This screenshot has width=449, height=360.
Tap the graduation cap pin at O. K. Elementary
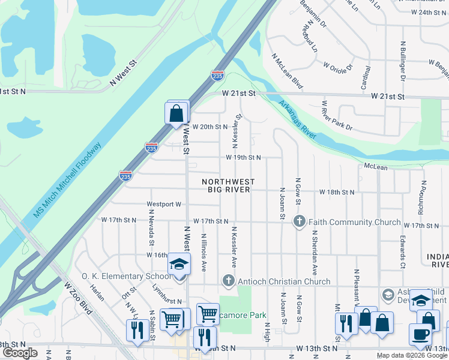coord(179,265)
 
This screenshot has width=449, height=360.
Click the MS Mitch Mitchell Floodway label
coord(67,179)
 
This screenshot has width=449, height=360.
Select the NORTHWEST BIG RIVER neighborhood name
coord(228,186)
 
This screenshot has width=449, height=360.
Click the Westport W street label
coord(163,204)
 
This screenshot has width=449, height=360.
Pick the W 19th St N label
coord(243,157)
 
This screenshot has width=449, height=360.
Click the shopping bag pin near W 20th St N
coord(176,113)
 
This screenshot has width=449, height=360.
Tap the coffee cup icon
coord(420,334)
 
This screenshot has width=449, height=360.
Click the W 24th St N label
coord(426,13)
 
